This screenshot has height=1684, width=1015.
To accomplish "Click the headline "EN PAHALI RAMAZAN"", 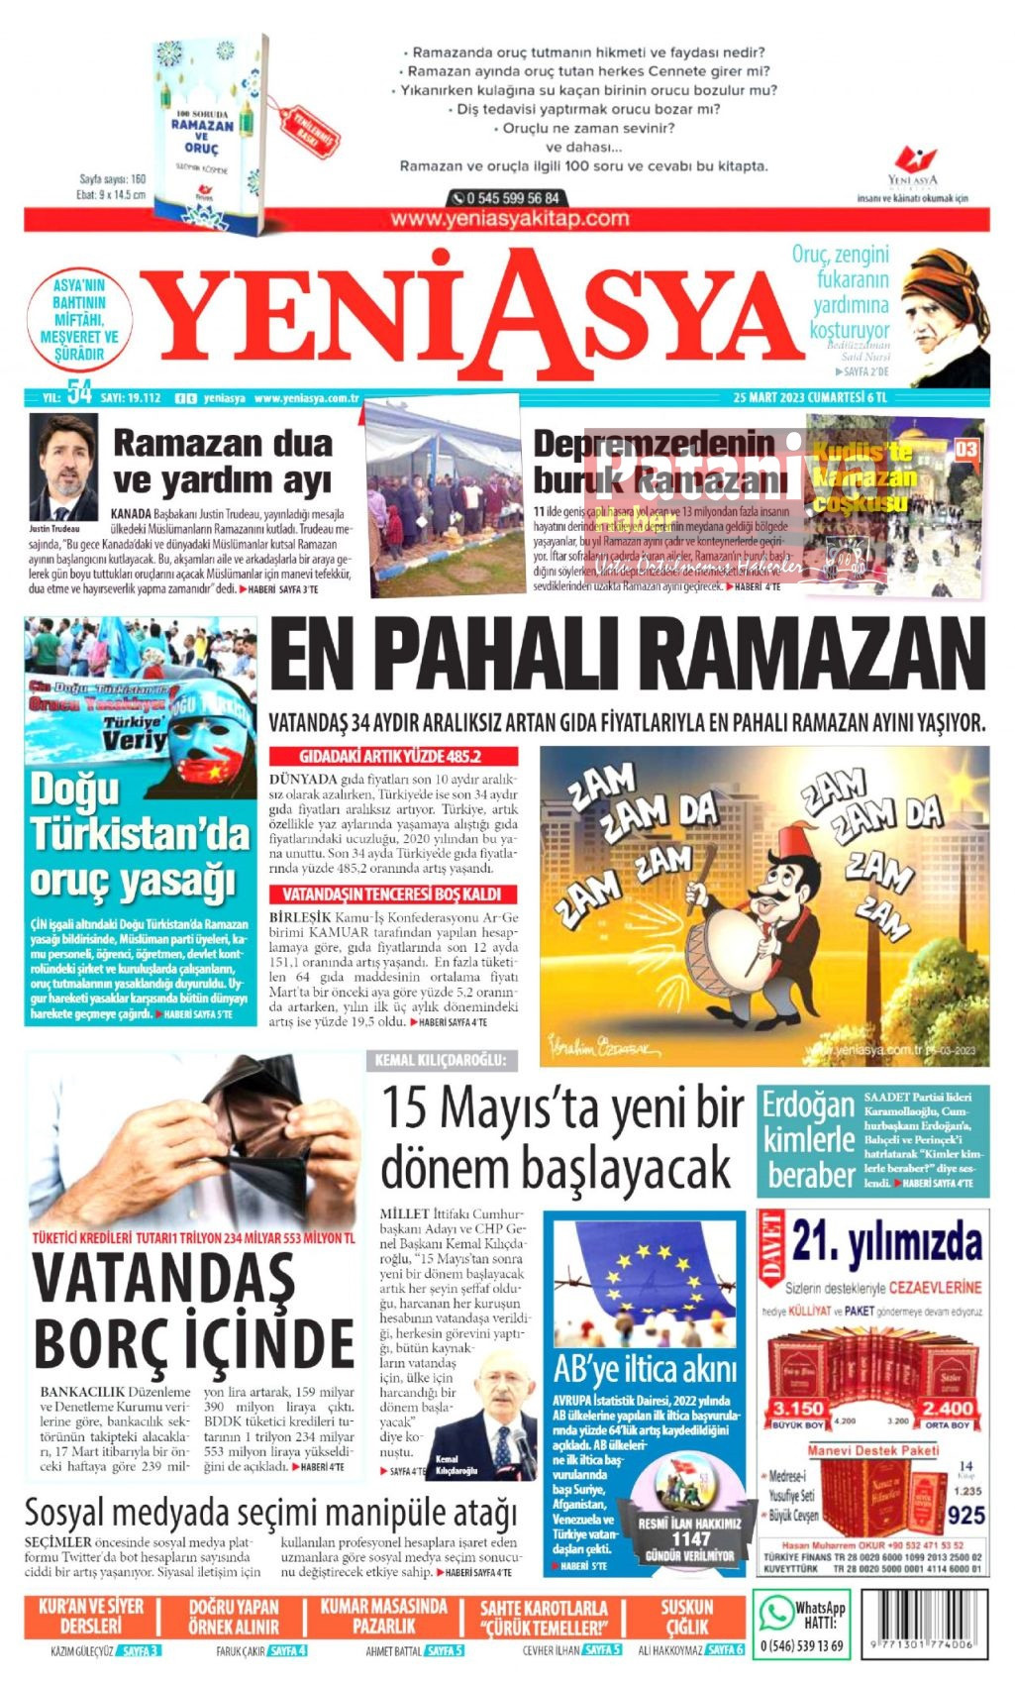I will pyautogui.click(x=627, y=657).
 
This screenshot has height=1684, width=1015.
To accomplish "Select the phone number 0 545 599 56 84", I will pyautogui.click(x=507, y=198).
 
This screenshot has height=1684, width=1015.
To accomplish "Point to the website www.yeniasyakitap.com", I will pyautogui.click(x=509, y=219).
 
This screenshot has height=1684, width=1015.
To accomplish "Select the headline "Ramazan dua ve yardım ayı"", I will pyautogui.click(x=223, y=462).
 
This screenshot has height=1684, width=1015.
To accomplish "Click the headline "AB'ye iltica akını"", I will pyautogui.click(x=645, y=1370).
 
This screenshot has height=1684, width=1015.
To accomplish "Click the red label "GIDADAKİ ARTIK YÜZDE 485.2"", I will pyautogui.click(x=390, y=756).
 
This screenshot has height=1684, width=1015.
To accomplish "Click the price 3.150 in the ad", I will pyautogui.click(x=798, y=1409).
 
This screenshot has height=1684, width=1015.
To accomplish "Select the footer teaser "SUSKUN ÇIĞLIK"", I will pyautogui.click(x=687, y=1617).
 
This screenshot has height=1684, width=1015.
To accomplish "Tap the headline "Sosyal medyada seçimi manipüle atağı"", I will pyautogui.click(x=270, y=1514).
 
